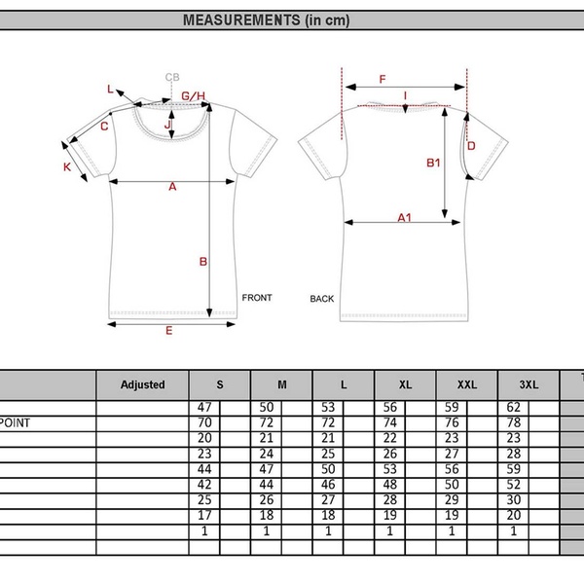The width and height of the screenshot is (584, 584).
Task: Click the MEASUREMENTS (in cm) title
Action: [266, 19]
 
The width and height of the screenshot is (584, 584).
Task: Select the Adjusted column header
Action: [142, 384]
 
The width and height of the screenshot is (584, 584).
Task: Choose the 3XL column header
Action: [528, 384]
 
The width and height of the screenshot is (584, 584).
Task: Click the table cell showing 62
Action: [514, 407]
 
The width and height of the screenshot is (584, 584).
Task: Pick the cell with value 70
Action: [205, 422]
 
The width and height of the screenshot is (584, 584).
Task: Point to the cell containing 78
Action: [514, 422]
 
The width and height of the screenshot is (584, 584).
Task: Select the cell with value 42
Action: [205, 484]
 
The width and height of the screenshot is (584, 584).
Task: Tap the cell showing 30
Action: [514, 499]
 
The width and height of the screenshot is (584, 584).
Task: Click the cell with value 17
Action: [205, 515]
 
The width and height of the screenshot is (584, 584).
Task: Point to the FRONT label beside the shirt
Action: [257, 298]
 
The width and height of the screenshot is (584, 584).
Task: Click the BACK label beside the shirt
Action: [322, 299]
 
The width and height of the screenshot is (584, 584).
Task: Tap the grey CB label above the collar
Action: [172, 77]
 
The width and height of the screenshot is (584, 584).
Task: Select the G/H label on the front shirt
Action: [195, 95]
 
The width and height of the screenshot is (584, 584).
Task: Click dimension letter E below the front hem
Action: [168, 331]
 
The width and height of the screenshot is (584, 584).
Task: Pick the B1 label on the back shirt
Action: [434, 163]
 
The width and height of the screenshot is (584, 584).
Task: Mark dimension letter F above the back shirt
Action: [383, 79]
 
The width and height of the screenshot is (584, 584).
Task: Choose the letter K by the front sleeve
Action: [67, 166]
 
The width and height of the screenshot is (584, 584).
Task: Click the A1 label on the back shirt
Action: [404, 218]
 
